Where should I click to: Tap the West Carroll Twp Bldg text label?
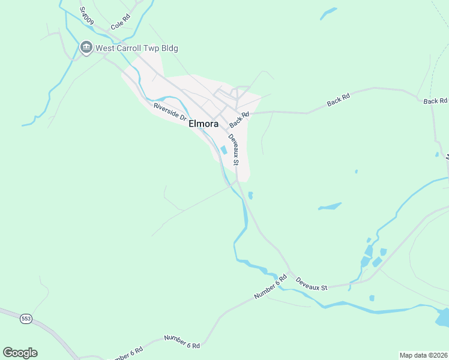137,48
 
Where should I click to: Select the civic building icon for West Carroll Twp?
86,47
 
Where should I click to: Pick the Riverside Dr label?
170,112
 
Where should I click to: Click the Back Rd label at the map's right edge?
435,101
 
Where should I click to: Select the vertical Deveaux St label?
235,149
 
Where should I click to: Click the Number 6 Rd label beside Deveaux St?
271,289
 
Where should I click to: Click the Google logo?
20,353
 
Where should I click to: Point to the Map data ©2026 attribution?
423,355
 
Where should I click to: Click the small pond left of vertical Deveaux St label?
223,150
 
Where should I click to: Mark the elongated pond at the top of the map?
328,13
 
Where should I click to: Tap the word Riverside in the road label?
166,110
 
